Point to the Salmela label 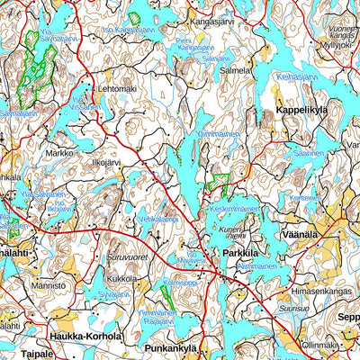click(x=236, y=69)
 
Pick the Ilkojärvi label click(x=110, y=164)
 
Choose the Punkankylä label click(x=171, y=346)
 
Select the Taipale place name click(x=18, y=355)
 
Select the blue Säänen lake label click(x=309, y=154)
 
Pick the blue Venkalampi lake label click(x=158, y=219)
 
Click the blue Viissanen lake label click(x=85, y=105)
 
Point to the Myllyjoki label click(x=337, y=43)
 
